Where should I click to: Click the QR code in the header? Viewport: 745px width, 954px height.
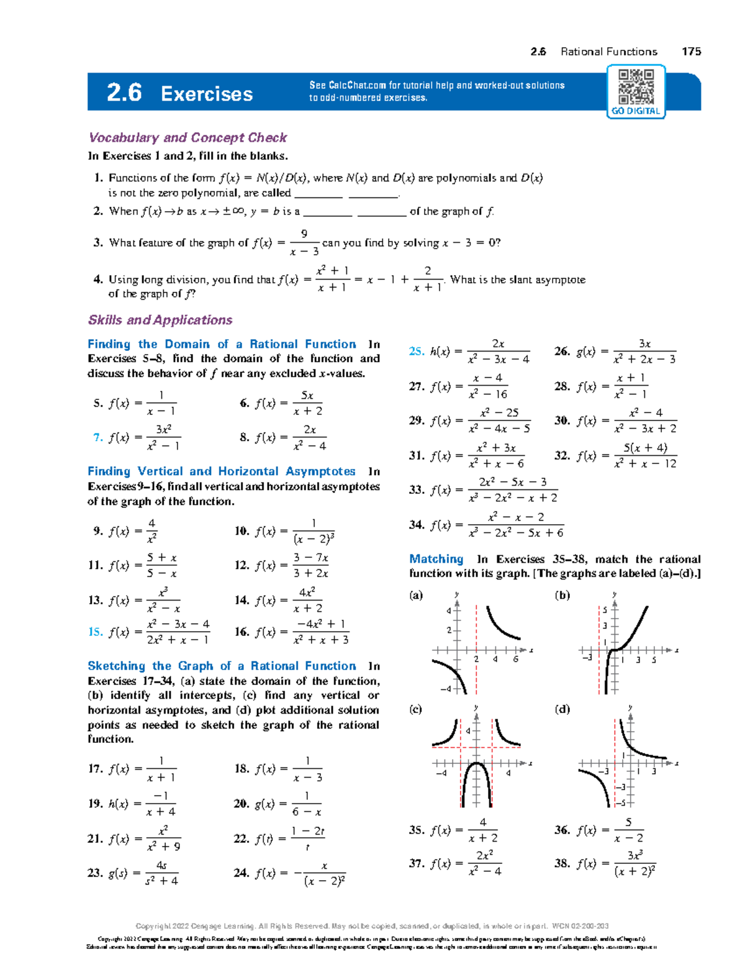tap(636, 86)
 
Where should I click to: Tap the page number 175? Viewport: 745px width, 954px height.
tap(691, 52)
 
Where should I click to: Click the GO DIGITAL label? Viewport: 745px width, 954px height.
tap(636, 111)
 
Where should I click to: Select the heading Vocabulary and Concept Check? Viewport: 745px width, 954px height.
tap(187, 137)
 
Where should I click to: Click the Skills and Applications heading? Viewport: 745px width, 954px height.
tap(160, 320)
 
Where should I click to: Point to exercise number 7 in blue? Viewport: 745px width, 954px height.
tap(97, 437)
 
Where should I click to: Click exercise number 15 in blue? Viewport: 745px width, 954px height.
tap(95, 632)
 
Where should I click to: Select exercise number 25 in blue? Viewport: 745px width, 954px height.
tap(416, 351)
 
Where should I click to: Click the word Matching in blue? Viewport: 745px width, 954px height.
tap(436, 559)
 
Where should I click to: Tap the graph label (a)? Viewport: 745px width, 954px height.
tap(415, 595)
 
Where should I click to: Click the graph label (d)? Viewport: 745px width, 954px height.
tap(562, 709)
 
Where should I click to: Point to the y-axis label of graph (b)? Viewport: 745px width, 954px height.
tap(615, 594)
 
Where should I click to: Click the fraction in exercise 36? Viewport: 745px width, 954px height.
tap(628, 830)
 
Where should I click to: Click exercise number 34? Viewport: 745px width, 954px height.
tap(416, 525)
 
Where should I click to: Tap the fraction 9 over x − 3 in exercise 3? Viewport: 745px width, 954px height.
tap(304, 242)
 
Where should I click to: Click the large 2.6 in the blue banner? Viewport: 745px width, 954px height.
tap(124, 93)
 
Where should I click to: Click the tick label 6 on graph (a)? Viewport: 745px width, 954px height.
tap(515, 659)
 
